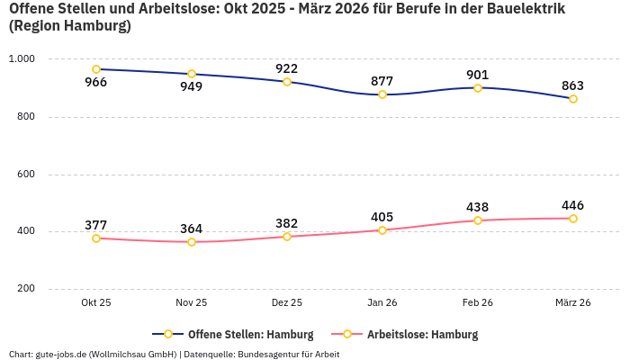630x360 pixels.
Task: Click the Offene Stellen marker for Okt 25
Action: point(96,69)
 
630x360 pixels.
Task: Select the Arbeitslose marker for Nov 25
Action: point(192,242)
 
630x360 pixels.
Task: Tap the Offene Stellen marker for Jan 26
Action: point(382,94)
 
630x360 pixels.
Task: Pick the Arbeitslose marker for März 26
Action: point(573,219)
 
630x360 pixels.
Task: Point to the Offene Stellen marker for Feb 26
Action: point(478,88)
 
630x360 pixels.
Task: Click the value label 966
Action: point(96,83)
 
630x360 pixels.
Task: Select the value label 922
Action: point(287,68)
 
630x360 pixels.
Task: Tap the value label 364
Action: point(192,229)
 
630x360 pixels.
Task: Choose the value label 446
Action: point(573,205)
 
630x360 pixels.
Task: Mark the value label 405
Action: point(382,217)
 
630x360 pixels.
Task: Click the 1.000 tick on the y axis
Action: point(22,58)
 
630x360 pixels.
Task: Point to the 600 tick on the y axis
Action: point(25,174)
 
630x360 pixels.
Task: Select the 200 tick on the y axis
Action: point(25,289)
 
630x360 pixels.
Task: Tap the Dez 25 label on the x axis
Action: point(287,303)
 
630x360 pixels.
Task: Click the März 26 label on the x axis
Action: point(573,303)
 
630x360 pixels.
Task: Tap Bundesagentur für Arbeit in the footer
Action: point(287,355)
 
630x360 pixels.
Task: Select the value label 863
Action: point(573,86)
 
